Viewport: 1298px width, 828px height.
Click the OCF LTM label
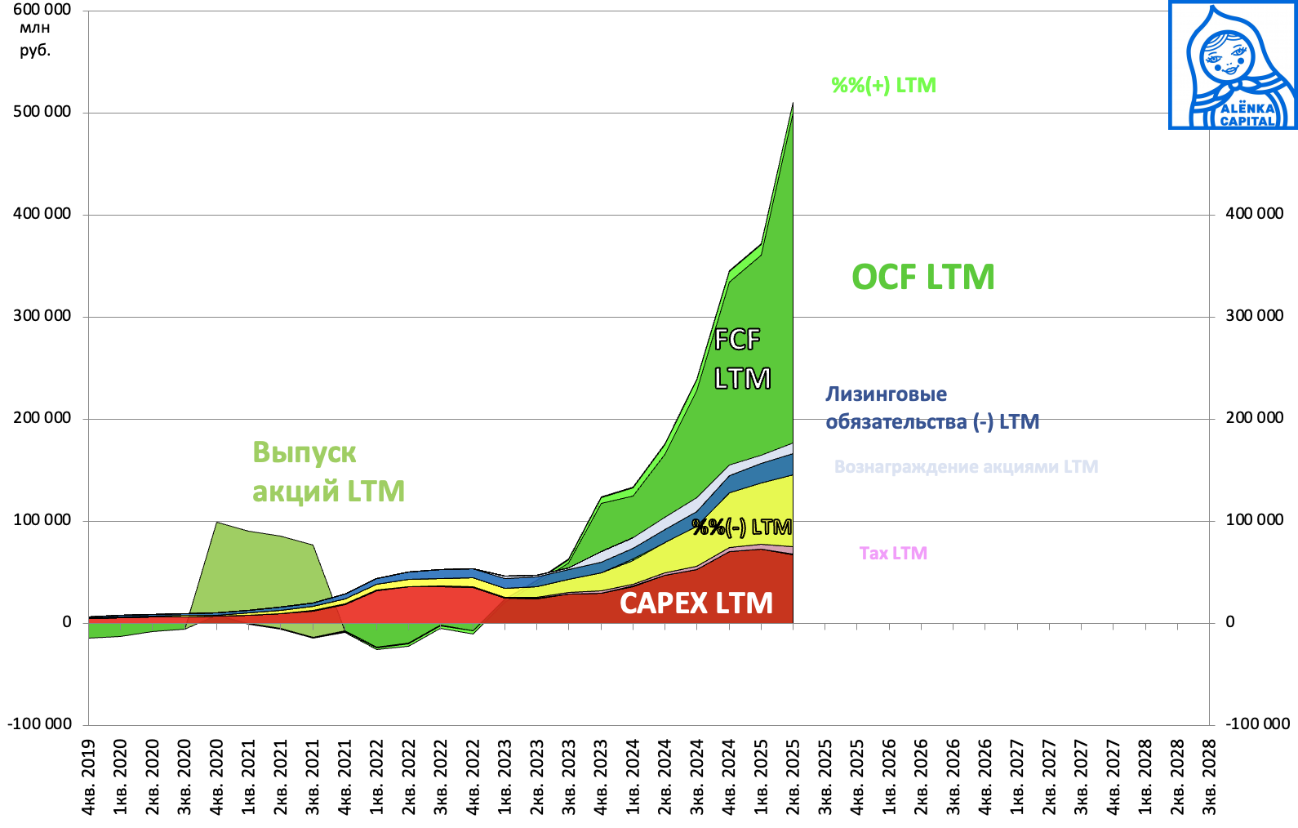923,278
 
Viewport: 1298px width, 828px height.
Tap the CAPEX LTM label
696,603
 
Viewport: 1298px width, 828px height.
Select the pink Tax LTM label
893,554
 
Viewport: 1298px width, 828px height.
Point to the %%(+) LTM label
883,86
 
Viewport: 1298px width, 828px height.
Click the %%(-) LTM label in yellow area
741,528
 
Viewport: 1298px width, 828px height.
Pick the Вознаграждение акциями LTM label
966,467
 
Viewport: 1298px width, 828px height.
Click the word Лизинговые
887,394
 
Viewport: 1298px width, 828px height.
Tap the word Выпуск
304,452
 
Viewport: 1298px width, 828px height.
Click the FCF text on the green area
737,339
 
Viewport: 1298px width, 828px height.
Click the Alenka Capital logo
1233,65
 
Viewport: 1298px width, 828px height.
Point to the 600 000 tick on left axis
42,10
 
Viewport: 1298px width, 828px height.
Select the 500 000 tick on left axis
42,112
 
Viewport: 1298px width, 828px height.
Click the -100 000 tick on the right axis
1257,723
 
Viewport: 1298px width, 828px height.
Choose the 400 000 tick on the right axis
1254,214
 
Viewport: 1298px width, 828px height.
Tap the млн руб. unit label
35,39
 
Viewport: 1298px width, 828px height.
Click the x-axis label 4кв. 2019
89,777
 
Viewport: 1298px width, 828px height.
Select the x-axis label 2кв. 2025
793,777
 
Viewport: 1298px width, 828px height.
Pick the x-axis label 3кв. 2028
1209,777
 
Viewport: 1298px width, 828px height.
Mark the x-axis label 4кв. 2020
217,777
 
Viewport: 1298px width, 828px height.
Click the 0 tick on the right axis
1230,622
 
